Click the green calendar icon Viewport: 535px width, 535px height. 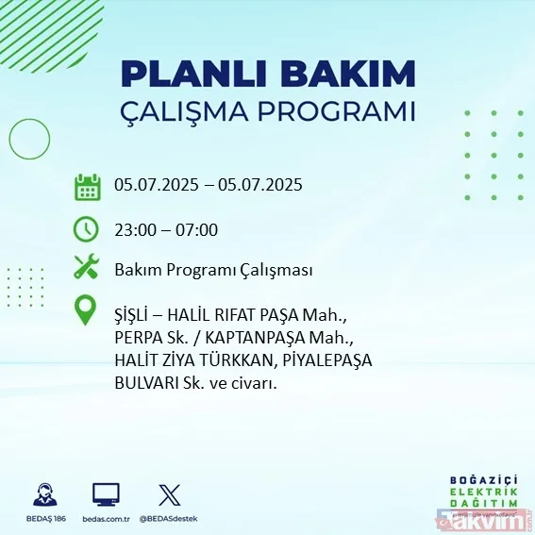pos(87,186)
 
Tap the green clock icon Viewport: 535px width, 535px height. pos(87,229)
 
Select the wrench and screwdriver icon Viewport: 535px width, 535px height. pos(87,268)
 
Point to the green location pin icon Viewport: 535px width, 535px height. pos(87,311)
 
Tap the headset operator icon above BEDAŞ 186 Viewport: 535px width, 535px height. pos(43,495)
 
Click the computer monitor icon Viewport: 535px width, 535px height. pos(106,494)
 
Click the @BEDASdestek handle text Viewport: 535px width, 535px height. pos(170,519)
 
